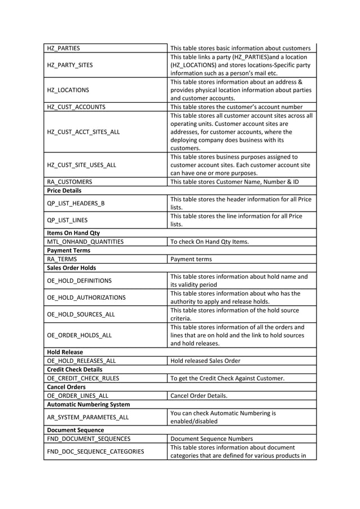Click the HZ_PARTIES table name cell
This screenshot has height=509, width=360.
click(x=63, y=48)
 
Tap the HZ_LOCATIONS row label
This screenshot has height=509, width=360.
click(x=68, y=90)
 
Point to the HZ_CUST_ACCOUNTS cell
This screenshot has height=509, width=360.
click(x=76, y=107)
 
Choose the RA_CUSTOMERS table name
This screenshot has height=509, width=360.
click(x=69, y=182)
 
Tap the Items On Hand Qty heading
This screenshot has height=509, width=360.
click(x=73, y=232)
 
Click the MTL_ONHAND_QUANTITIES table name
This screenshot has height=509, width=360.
click(x=85, y=242)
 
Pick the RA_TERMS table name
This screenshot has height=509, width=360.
click(x=62, y=259)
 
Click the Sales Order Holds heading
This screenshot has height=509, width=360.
click(x=71, y=267)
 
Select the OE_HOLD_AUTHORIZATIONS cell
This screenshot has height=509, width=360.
click(x=86, y=297)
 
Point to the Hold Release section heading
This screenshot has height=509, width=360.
click(x=65, y=352)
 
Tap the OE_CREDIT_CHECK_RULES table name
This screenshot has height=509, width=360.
click(x=83, y=378)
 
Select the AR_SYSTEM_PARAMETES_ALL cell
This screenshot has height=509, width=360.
click(x=88, y=417)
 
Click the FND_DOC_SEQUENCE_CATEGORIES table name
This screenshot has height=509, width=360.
click(x=95, y=451)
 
